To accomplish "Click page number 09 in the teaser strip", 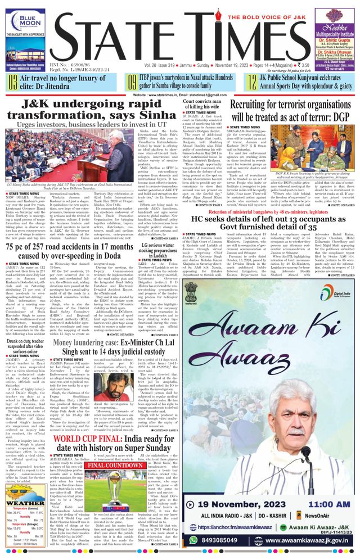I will click(132, 83).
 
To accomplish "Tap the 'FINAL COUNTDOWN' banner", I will click(115, 466).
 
